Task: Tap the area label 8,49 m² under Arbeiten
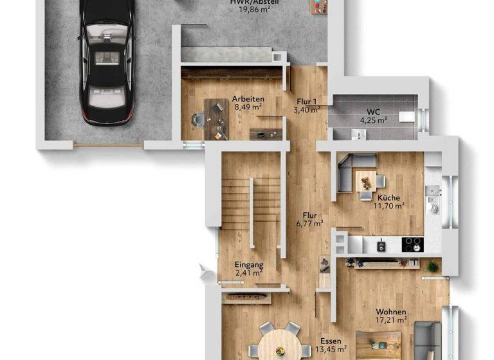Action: point(246,107)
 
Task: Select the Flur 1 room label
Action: point(307,102)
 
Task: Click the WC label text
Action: point(373,111)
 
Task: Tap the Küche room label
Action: point(389,198)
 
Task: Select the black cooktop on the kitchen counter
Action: point(412,244)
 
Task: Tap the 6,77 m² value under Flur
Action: point(307,224)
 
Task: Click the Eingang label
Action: point(248,264)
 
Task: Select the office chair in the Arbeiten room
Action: point(198,119)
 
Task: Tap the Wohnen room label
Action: point(391,311)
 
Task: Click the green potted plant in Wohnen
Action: point(432,265)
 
